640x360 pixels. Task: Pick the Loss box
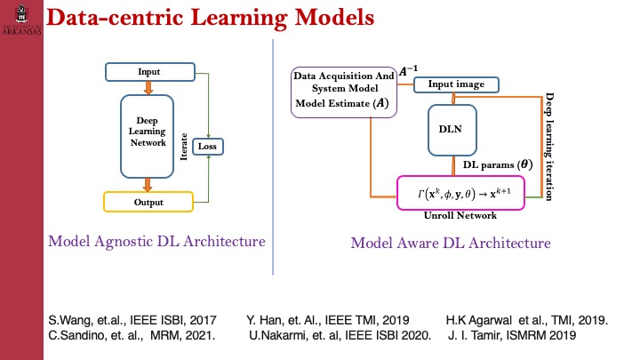coord(207,146)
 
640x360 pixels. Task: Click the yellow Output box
coord(148,202)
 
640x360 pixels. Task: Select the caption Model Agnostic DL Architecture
coord(156,241)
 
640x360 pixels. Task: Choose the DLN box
coord(453,129)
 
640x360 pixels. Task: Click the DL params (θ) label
coord(496,164)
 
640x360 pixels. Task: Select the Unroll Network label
coord(460,216)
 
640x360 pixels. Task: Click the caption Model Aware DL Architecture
coord(451,242)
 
